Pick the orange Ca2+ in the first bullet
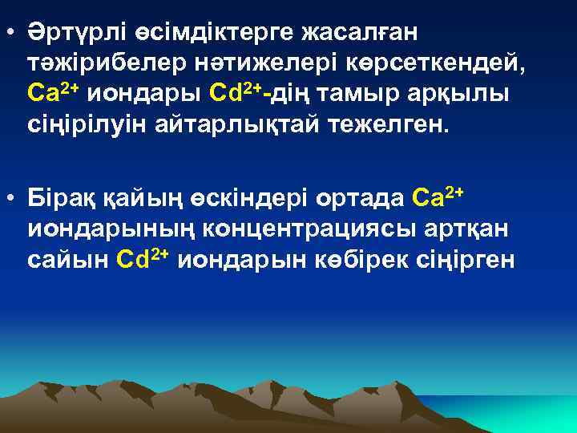[x=54, y=92]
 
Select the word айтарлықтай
[x=211, y=123]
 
